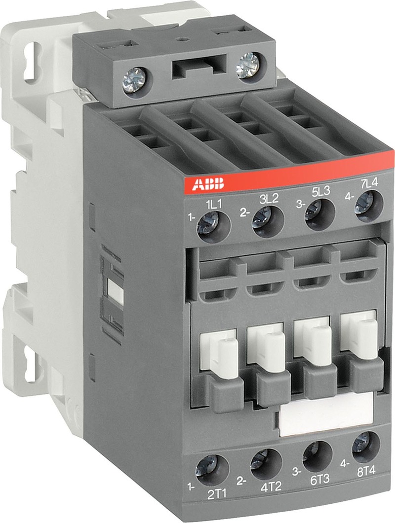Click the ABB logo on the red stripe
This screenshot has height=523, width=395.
(208, 185)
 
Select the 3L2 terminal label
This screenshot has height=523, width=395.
(269, 199)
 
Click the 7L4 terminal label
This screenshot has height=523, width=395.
(370, 184)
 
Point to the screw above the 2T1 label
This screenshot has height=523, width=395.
(206, 466)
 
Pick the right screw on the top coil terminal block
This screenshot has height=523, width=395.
(247, 66)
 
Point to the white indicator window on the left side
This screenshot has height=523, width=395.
(115, 291)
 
